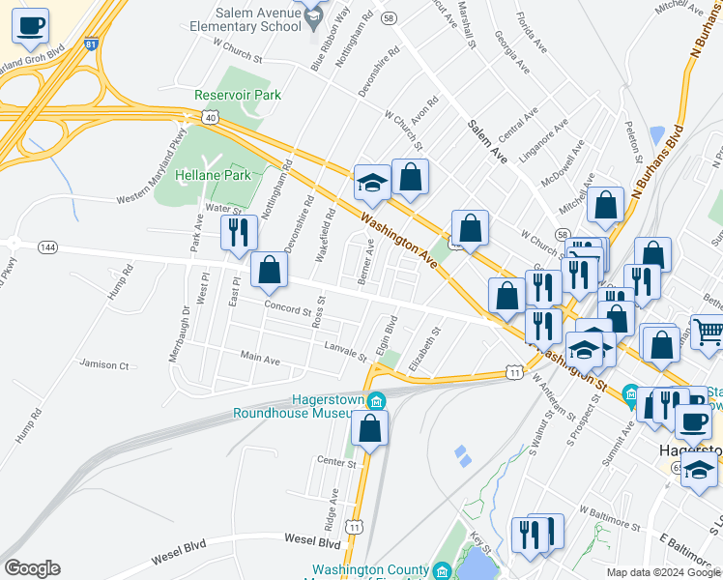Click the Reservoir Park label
237,95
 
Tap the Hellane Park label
213,175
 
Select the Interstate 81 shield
91,44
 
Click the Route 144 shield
46,247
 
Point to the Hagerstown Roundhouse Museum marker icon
377,399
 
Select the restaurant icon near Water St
237,232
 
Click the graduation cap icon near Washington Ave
371,181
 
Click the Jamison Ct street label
104,365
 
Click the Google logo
32,568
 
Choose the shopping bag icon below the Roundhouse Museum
368,426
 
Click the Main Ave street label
260,360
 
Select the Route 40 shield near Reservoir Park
211,116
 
